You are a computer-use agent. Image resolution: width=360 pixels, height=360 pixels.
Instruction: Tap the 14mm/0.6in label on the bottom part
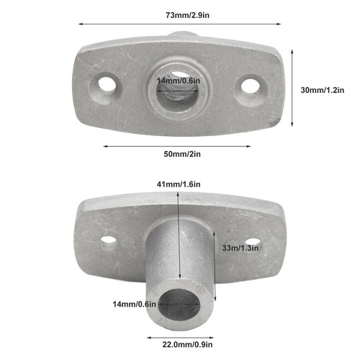coord(132,303)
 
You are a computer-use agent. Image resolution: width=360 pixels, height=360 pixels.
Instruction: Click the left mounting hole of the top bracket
coord(107,84)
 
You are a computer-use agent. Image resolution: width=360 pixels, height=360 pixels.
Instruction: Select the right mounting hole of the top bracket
coord(249,85)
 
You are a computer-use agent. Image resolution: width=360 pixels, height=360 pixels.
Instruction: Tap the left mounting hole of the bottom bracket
coord(108,239)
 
